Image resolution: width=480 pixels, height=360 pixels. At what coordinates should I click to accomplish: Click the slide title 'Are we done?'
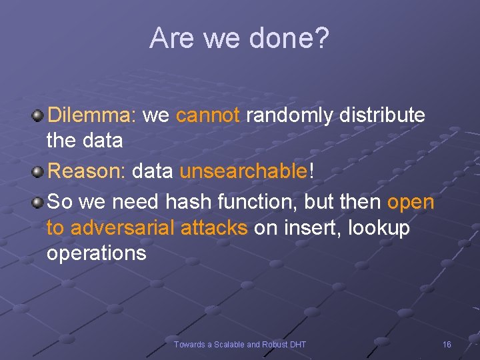239,38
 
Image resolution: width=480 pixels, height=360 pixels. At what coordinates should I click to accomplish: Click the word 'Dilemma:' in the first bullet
91,115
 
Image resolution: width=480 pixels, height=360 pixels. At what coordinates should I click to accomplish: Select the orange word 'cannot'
207,115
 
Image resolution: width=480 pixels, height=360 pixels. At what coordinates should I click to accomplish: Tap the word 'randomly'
290,116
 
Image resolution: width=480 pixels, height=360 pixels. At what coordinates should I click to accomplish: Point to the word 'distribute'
382,115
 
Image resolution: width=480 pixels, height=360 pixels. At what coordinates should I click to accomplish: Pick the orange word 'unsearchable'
243,171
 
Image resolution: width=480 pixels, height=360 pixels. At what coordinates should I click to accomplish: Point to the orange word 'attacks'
215,228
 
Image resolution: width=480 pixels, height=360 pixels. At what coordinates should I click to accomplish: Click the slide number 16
447,344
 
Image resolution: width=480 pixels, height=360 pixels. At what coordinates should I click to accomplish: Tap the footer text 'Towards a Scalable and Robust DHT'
240,344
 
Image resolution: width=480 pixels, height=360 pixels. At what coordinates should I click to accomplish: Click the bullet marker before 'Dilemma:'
38,116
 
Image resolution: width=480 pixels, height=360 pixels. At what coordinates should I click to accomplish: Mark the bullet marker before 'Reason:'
38,172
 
